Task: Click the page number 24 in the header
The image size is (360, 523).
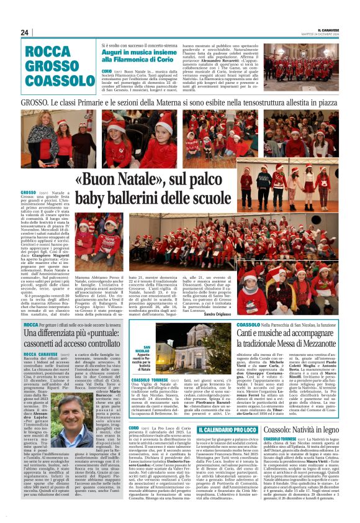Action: coord(25,32)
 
